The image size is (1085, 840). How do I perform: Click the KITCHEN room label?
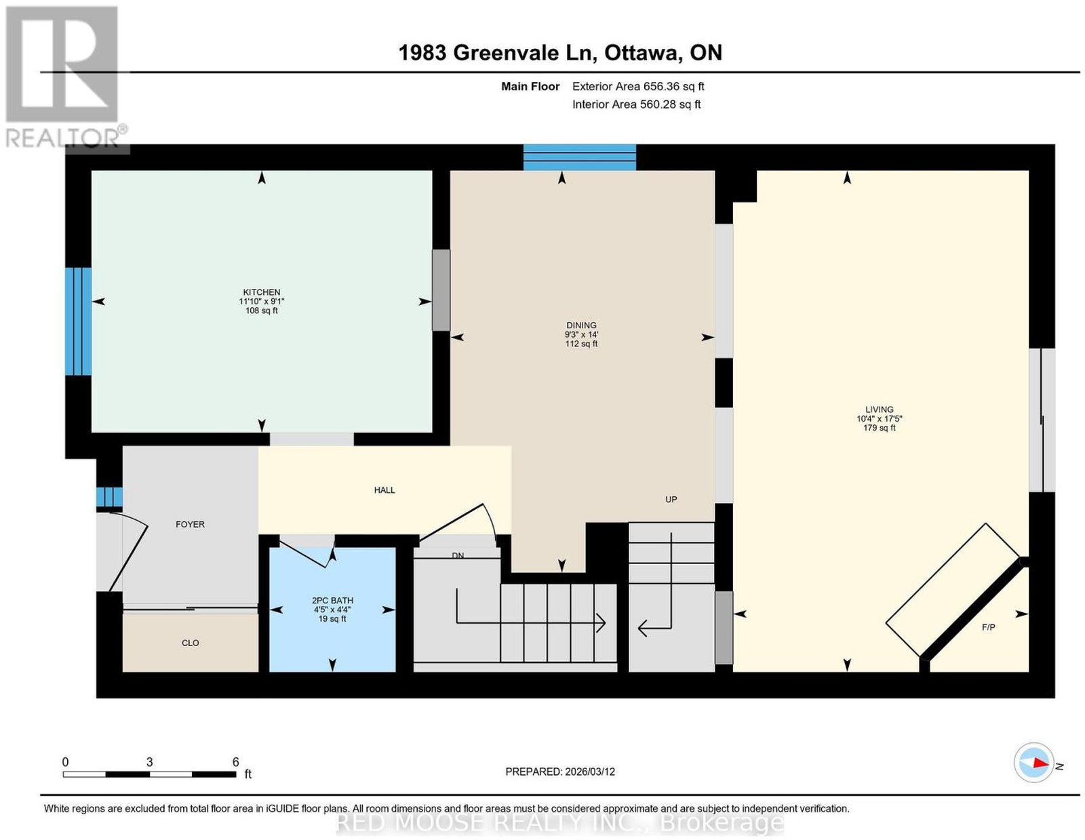(x=261, y=292)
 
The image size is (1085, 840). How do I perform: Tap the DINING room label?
(x=581, y=325)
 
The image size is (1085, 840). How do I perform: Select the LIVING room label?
(x=880, y=409)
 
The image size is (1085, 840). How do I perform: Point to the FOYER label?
(x=190, y=525)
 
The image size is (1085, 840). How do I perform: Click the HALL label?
(x=384, y=491)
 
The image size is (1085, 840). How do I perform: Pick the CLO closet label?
(x=191, y=643)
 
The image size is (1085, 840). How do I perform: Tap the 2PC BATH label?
(x=332, y=601)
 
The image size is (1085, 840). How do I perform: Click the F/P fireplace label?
(x=988, y=628)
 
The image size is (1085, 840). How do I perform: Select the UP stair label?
(x=671, y=500)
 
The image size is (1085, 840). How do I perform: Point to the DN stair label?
(x=457, y=555)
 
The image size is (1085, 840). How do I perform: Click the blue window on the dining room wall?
(x=579, y=157)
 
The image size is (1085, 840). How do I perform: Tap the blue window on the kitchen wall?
(x=79, y=321)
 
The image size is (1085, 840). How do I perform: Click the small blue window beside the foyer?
(x=109, y=497)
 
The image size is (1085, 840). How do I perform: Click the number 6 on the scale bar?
(x=236, y=761)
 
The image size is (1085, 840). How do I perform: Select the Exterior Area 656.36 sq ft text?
(x=637, y=86)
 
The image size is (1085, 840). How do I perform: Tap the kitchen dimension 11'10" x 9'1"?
(x=261, y=302)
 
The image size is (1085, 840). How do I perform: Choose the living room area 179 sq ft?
(x=880, y=428)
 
